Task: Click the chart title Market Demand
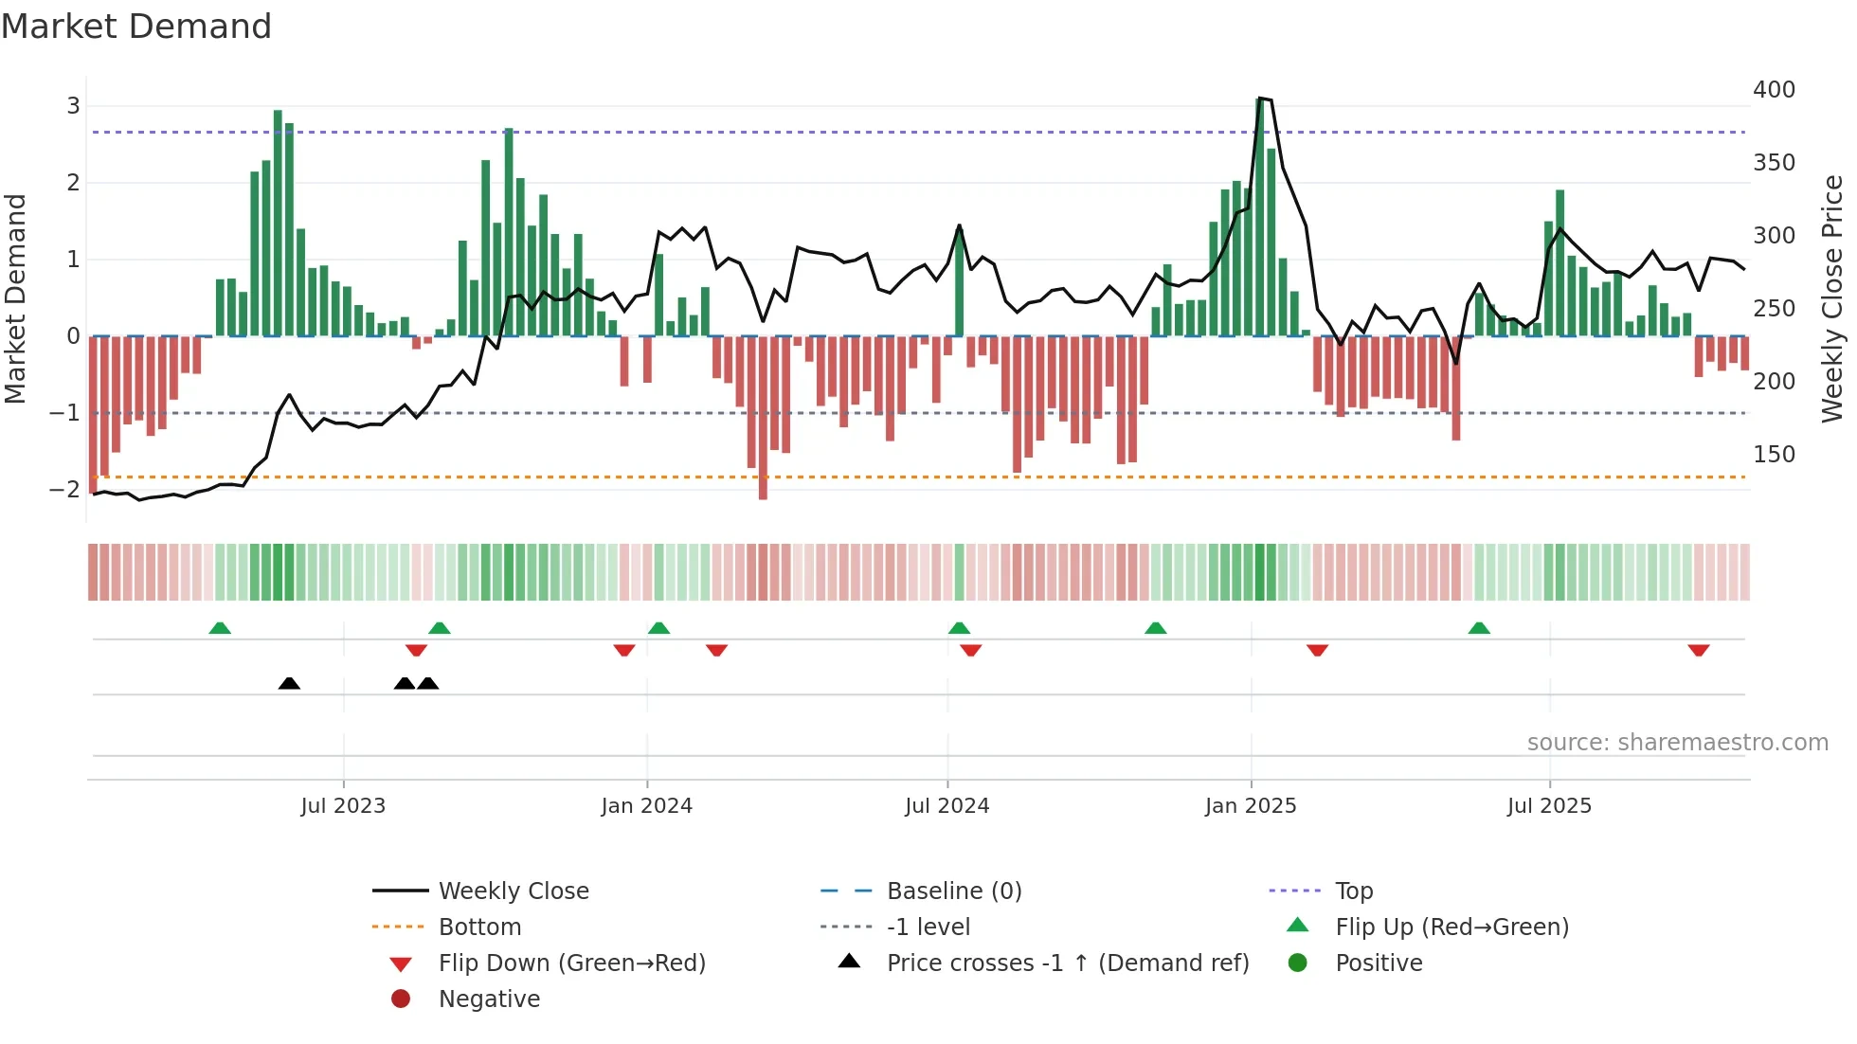point(136,27)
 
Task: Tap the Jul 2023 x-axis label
point(343,806)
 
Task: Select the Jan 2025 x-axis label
point(1251,806)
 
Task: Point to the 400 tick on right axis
point(1774,90)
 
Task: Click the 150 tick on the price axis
point(1774,455)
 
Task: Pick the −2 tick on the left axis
point(64,490)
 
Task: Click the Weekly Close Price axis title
point(1832,298)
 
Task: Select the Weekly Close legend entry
point(513,891)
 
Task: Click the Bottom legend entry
point(479,927)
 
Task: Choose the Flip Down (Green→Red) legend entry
point(571,963)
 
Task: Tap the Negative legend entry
point(489,999)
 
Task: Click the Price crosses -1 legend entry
point(1067,963)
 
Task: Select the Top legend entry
point(1354,891)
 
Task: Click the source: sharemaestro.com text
point(1677,743)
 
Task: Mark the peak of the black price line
point(1260,98)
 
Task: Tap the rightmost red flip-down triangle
point(1698,650)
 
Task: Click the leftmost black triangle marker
point(289,683)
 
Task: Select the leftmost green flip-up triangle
point(220,628)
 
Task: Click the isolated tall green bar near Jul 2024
point(959,284)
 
